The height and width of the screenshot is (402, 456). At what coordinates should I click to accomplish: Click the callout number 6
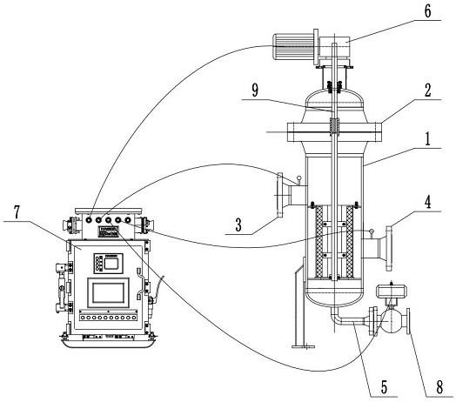pos(427,11)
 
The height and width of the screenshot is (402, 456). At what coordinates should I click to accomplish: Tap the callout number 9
pos(255,90)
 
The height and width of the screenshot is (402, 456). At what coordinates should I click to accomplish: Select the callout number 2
pos(427,90)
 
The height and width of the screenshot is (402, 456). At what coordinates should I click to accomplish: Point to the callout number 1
pos(427,139)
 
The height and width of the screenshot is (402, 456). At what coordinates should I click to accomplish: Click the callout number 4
pos(427,203)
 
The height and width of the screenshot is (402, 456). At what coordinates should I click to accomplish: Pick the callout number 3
pos(238,224)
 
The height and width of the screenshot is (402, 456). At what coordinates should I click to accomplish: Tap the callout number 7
pos(17,212)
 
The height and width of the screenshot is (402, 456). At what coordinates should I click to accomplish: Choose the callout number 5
pos(385,387)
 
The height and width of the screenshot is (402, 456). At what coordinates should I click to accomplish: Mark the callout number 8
pos(439,387)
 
